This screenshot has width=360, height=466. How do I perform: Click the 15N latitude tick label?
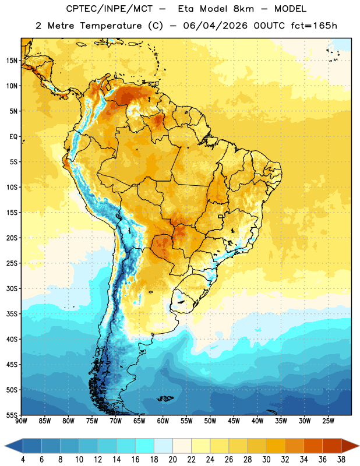pos(12,61)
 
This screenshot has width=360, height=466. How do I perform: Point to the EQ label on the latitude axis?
pos(13,137)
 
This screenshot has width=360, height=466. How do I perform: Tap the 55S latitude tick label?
pos(12,415)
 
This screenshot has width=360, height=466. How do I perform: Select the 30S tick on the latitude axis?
pos(12,288)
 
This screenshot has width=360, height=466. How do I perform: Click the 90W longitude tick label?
pos(21,421)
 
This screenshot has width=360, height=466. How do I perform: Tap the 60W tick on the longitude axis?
pos(163,421)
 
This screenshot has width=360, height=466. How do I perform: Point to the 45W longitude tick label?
pos(234,421)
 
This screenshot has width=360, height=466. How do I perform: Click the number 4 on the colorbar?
pos(23,460)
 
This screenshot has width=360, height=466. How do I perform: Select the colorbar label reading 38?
pos(341,460)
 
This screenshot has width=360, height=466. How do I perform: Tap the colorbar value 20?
pos(172,460)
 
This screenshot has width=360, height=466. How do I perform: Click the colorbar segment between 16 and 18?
pos(145,446)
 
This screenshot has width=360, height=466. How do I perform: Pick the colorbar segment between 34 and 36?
pos(313,446)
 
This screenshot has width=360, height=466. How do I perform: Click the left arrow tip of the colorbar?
pos(5,446)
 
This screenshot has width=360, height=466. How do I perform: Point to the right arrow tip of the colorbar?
pos(359,446)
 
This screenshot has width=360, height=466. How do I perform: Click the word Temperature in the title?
pos(111,26)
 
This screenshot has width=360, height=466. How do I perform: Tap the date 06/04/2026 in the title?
pos(215,26)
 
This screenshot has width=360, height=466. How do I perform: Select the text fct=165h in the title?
pos(314,26)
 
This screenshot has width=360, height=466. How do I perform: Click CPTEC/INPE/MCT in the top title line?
pos(110,9)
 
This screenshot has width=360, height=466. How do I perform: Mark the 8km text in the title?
pos(243,9)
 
